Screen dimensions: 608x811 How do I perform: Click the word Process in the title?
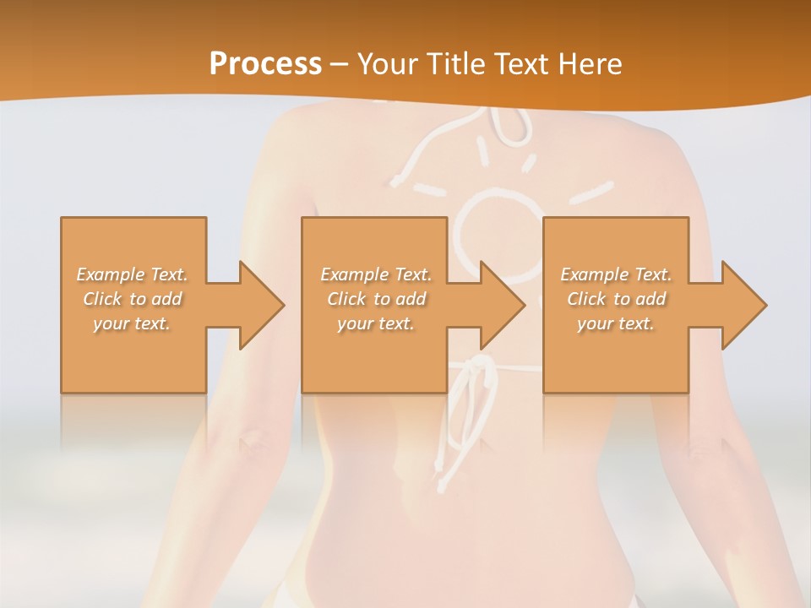pyautogui.click(x=265, y=63)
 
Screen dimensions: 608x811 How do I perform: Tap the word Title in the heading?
pyautogui.click(x=453, y=63)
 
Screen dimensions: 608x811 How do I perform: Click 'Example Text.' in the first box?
pyautogui.click(x=133, y=274)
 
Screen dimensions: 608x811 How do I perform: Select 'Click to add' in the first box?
pyautogui.click(x=133, y=299)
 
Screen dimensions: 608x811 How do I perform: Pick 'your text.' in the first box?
pyautogui.click(x=133, y=323)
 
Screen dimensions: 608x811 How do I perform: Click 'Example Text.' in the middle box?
pyautogui.click(x=376, y=274)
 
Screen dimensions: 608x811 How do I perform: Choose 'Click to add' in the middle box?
pyautogui.click(x=376, y=299)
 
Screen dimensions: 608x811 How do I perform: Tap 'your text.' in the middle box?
pyautogui.click(x=376, y=323)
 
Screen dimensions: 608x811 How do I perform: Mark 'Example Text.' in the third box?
pyautogui.click(x=616, y=274)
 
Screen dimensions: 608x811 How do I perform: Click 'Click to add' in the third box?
pyautogui.click(x=616, y=299)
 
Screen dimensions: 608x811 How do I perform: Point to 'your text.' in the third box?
pyautogui.click(x=616, y=323)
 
